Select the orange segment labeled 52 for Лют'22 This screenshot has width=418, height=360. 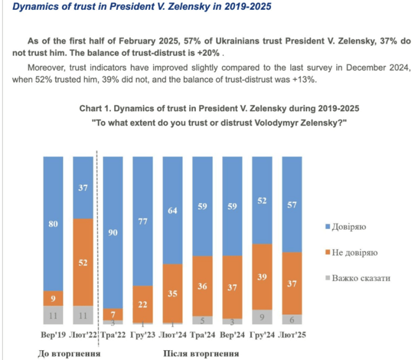83,262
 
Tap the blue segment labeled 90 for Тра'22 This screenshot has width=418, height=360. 112,232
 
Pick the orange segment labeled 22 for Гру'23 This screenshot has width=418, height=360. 142,303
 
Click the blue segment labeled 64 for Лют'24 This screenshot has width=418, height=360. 172,210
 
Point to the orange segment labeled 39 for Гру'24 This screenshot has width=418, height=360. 262,277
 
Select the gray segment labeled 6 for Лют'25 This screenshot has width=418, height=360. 291,319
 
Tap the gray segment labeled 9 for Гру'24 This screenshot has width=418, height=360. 262,317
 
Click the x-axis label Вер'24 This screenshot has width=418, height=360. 232,334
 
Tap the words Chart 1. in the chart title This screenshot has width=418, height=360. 98,107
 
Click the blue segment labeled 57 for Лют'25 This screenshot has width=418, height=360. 291,204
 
